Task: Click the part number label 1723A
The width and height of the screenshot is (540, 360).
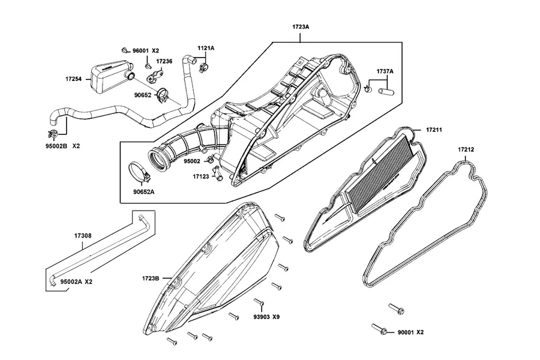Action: pyautogui.click(x=301, y=26)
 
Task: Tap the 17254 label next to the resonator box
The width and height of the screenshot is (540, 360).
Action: pyautogui.click(x=73, y=79)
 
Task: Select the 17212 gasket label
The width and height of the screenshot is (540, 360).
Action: pyautogui.click(x=466, y=149)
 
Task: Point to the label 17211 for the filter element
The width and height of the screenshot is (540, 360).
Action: pyautogui.click(x=434, y=130)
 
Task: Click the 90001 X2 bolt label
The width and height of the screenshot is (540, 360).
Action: pyautogui.click(x=410, y=332)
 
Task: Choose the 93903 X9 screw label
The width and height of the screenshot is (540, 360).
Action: pyautogui.click(x=266, y=317)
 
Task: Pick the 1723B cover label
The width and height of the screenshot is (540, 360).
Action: pyautogui.click(x=151, y=278)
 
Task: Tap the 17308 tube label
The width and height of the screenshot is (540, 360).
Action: pyautogui.click(x=83, y=236)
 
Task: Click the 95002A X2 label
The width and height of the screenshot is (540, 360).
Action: pyautogui.click(x=76, y=282)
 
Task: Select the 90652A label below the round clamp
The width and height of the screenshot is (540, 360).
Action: pyautogui.click(x=143, y=192)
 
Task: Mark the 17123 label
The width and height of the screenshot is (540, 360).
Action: pyautogui.click(x=201, y=177)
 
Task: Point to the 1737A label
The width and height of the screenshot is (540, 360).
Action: pyautogui.click(x=385, y=71)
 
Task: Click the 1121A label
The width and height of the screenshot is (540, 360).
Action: pyautogui.click(x=206, y=48)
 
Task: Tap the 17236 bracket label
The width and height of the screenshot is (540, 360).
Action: pyautogui.click(x=164, y=61)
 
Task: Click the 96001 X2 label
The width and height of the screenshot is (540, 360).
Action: pyautogui.click(x=146, y=50)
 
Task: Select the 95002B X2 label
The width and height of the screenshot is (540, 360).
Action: pyautogui.click(x=62, y=146)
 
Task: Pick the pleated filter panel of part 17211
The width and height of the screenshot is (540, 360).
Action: pyautogui.click(x=379, y=176)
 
